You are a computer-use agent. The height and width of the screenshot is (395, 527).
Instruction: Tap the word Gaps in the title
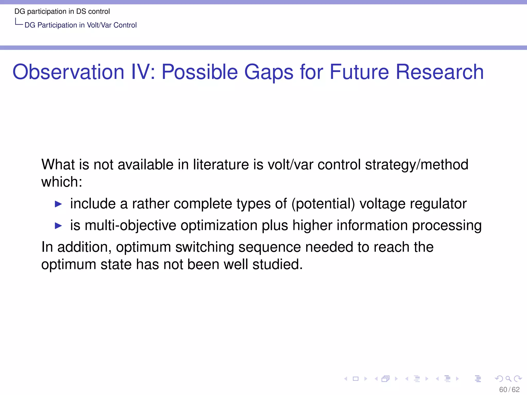(x=269, y=72)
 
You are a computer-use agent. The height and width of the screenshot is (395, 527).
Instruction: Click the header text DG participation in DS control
(x=62, y=12)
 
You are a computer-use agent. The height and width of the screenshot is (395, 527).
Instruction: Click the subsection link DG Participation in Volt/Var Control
(x=81, y=25)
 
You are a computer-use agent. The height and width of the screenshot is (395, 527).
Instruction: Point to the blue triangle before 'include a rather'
(x=58, y=204)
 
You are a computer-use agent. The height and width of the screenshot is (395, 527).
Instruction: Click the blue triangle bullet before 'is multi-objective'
(x=58, y=226)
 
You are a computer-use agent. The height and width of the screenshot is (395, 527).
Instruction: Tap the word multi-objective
(x=130, y=226)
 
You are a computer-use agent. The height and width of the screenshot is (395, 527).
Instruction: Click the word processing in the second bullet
(x=447, y=226)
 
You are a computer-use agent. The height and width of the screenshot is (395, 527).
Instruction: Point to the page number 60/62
(x=509, y=389)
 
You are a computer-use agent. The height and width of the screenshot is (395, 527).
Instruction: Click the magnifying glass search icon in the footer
(x=508, y=379)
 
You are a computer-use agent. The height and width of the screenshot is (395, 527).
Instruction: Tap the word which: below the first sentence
(x=62, y=182)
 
